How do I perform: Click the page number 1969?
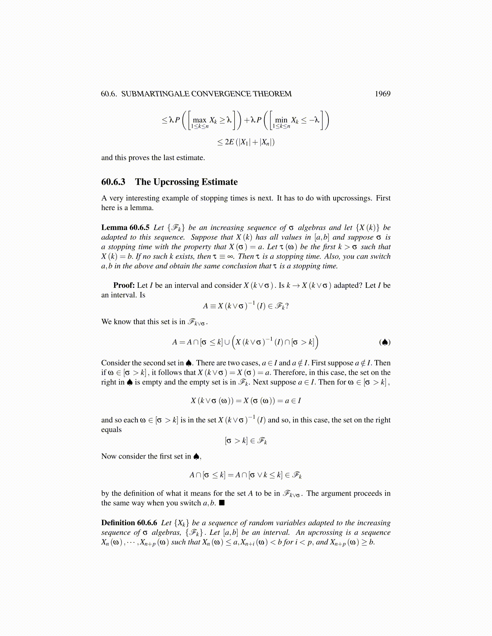coord(382,94)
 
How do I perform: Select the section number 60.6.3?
coord(113,182)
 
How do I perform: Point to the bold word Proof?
coord(124,285)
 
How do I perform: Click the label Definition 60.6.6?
coord(129,523)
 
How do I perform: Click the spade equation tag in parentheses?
coord(385,342)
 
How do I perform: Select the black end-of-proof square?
coord(221,503)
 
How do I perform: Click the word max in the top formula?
coord(199,120)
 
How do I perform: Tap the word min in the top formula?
coord(281,120)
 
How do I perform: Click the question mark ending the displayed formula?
coord(287,306)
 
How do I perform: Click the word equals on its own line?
coord(111,430)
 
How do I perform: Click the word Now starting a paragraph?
coord(109,456)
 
